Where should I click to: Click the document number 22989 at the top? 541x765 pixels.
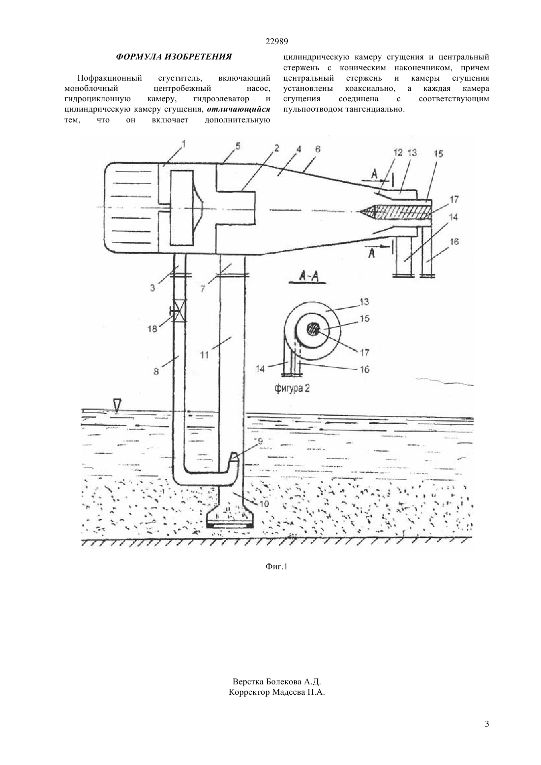pyautogui.click(x=276, y=41)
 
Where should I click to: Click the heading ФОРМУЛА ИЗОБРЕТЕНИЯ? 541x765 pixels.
pyautogui.click(x=174, y=57)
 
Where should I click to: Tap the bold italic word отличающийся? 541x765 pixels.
pyautogui.click(x=239, y=109)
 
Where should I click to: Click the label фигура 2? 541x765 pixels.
pyautogui.click(x=292, y=388)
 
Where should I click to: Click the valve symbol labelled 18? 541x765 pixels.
pyautogui.click(x=179, y=311)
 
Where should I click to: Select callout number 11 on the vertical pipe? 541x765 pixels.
pyautogui.click(x=204, y=355)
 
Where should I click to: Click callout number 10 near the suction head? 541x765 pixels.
pyautogui.click(x=265, y=503)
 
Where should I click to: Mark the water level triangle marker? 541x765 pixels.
pyautogui.click(x=118, y=405)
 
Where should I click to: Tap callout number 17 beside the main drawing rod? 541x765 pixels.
pyautogui.click(x=454, y=199)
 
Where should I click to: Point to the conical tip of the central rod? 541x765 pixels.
pyautogui.click(x=367, y=212)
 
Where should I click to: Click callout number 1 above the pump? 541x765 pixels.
pyautogui.click(x=183, y=144)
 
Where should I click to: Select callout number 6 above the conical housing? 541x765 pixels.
pyautogui.click(x=318, y=149)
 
